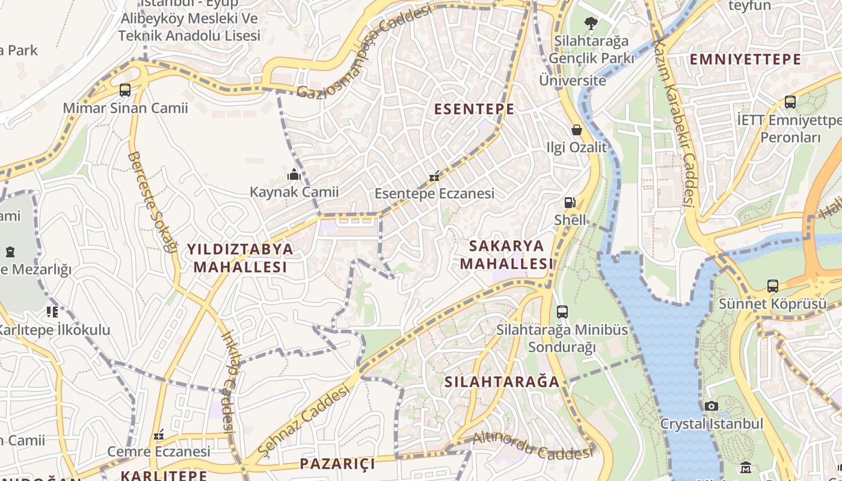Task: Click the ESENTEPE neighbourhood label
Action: click(474, 109)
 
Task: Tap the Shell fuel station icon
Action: click(570, 203)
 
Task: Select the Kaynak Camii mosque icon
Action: click(294, 175)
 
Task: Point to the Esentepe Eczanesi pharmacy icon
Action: click(434, 177)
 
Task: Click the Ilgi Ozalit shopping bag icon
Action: click(576, 130)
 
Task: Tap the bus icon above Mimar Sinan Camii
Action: click(125, 90)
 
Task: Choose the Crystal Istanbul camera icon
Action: click(711, 406)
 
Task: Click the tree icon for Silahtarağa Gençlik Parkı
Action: click(591, 23)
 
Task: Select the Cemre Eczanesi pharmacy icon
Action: click(159, 434)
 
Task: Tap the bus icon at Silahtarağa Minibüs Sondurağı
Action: click(562, 312)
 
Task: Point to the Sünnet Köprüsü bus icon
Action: click(773, 286)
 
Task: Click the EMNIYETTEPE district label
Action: click(745, 60)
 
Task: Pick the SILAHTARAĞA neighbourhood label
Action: click(502, 382)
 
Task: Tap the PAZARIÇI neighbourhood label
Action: click(337, 464)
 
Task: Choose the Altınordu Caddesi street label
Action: click(532, 446)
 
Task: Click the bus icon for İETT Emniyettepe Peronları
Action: click(790, 102)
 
